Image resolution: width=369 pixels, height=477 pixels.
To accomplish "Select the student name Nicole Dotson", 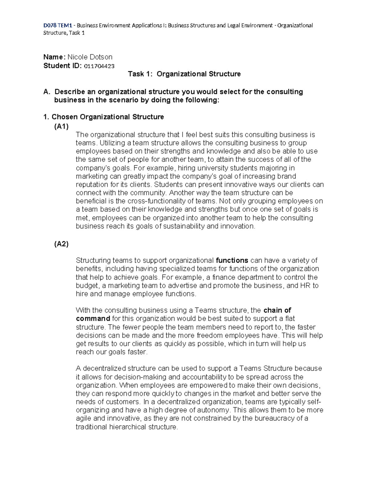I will pos(90,57).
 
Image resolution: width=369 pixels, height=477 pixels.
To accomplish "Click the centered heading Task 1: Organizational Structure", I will pos(184,74).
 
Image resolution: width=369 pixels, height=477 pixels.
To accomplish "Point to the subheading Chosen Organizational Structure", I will pos(108,117).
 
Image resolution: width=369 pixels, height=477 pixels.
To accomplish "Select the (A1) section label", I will pos(61,126).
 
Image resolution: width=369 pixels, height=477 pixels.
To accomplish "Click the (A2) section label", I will pos(61,244).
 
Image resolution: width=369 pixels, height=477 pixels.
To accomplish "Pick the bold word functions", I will pos(232,260).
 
